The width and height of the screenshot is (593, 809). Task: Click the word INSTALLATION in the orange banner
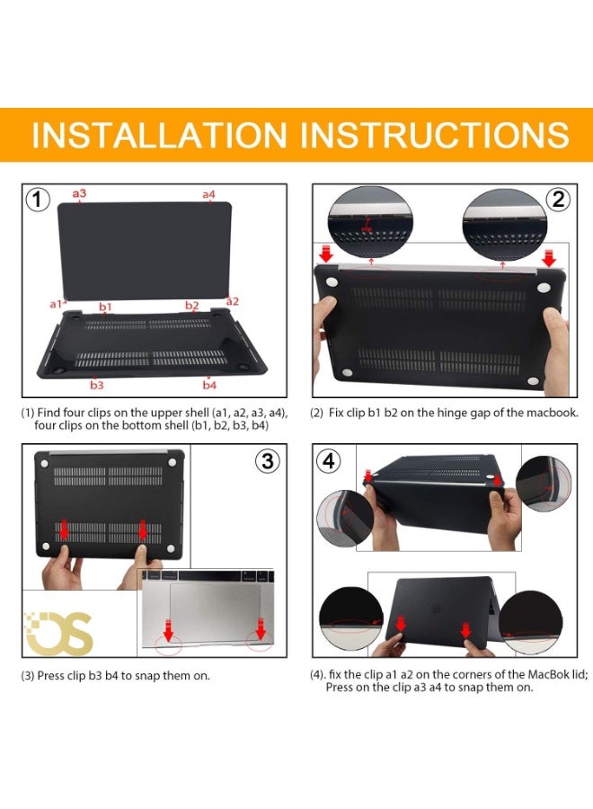[159, 135]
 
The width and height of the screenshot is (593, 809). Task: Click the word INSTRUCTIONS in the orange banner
[434, 135]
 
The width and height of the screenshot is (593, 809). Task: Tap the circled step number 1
[38, 200]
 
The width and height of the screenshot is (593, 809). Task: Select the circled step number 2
[559, 200]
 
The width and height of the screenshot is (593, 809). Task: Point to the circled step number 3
[268, 461]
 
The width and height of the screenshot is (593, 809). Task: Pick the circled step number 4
[329, 461]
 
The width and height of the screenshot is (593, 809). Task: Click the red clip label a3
[79, 193]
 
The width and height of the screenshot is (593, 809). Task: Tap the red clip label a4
[208, 194]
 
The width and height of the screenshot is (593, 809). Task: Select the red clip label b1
[105, 307]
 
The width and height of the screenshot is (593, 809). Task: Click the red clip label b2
[191, 306]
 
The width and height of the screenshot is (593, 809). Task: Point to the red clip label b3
[97, 385]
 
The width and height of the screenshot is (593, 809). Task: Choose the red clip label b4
[209, 385]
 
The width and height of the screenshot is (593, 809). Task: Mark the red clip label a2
[233, 301]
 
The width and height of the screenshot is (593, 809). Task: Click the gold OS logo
[58, 632]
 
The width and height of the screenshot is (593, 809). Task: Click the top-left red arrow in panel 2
[326, 253]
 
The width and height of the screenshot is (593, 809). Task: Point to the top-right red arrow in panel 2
[549, 257]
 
